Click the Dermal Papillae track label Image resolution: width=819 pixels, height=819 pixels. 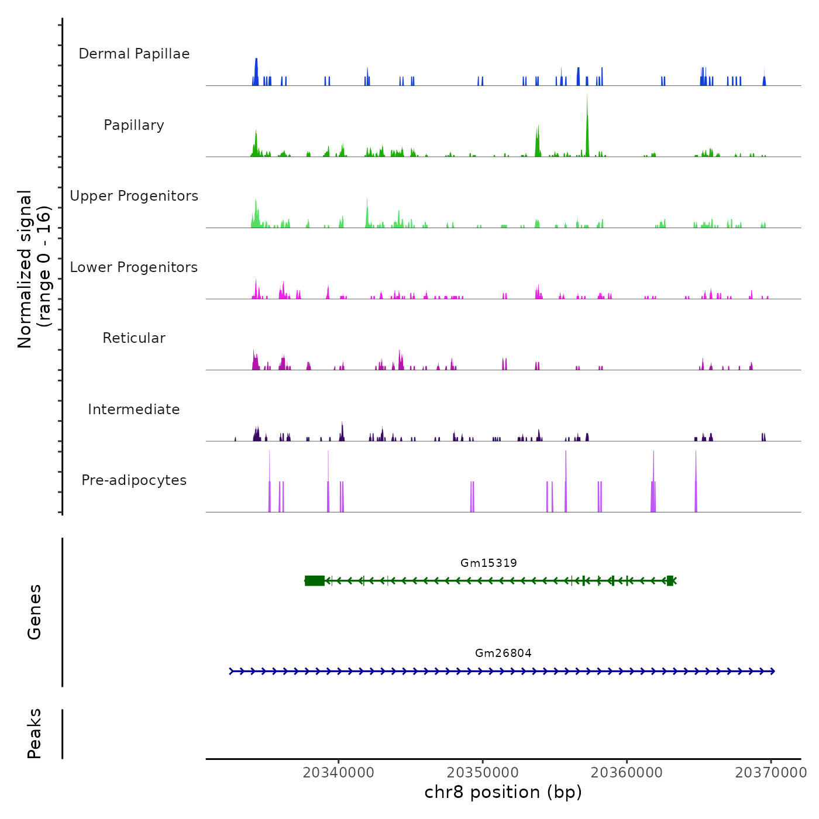(x=134, y=54)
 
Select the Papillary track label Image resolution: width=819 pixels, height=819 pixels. (x=134, y=125)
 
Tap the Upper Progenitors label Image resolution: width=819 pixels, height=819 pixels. (x=134, y=196)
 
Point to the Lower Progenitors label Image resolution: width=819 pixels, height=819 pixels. (x=134, y=267)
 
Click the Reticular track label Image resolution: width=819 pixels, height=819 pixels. (x=134, y=338)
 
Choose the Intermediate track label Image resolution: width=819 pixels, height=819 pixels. (x=134, y=409)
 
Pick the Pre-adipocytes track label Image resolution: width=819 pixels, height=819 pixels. (x=134, y=480)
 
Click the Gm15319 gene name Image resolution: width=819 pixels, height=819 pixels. (x=488, y=563)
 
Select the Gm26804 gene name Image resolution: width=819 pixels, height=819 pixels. (x=503, y=653)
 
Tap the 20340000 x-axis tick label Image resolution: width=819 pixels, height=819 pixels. (x=338, y=773)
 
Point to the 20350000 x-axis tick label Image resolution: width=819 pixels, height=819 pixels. (x=483, y=773)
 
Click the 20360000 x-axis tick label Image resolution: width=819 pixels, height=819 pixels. (x=627, y=773)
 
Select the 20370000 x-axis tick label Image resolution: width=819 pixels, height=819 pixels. (x=771, y=773)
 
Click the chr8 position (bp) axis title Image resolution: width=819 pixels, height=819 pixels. (x=503, y=792)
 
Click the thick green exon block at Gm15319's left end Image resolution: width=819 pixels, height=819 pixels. (x=315, y=580)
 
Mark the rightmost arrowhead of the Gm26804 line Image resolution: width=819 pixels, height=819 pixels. (x=772, y=671)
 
